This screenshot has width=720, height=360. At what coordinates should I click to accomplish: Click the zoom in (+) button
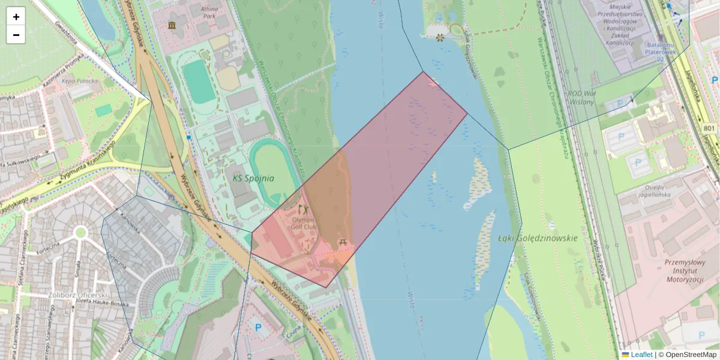(x=16, y=17)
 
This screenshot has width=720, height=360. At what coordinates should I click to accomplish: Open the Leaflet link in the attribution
(x=641, y=355)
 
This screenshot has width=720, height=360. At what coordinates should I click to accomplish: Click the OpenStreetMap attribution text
(x=691, y=355)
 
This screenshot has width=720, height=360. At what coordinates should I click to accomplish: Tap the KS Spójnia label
(x=253, y=178)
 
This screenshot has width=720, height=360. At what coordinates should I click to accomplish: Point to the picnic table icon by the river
(x=343, y=242)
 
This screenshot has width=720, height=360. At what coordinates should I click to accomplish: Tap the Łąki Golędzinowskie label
(x=538, y=238)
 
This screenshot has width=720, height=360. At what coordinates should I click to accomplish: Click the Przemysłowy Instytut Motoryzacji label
(x=684, y=271)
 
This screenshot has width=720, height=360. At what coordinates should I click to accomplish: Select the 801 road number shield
(x=709, y=128)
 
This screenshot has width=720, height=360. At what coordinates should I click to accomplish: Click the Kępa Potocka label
(x=75, y=80)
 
